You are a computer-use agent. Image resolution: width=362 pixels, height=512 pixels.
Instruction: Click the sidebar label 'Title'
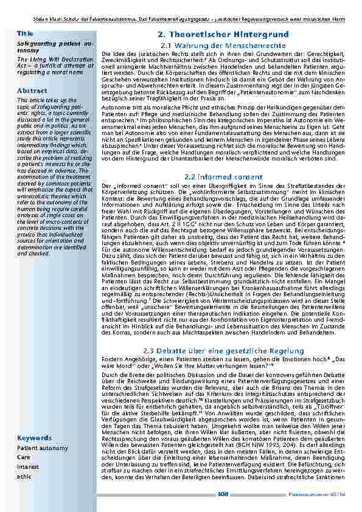coord(26,33)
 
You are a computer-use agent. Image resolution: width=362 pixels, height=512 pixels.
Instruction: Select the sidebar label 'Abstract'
coord(32,91)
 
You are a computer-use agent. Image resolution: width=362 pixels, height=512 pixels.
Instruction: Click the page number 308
coord(223,494)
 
